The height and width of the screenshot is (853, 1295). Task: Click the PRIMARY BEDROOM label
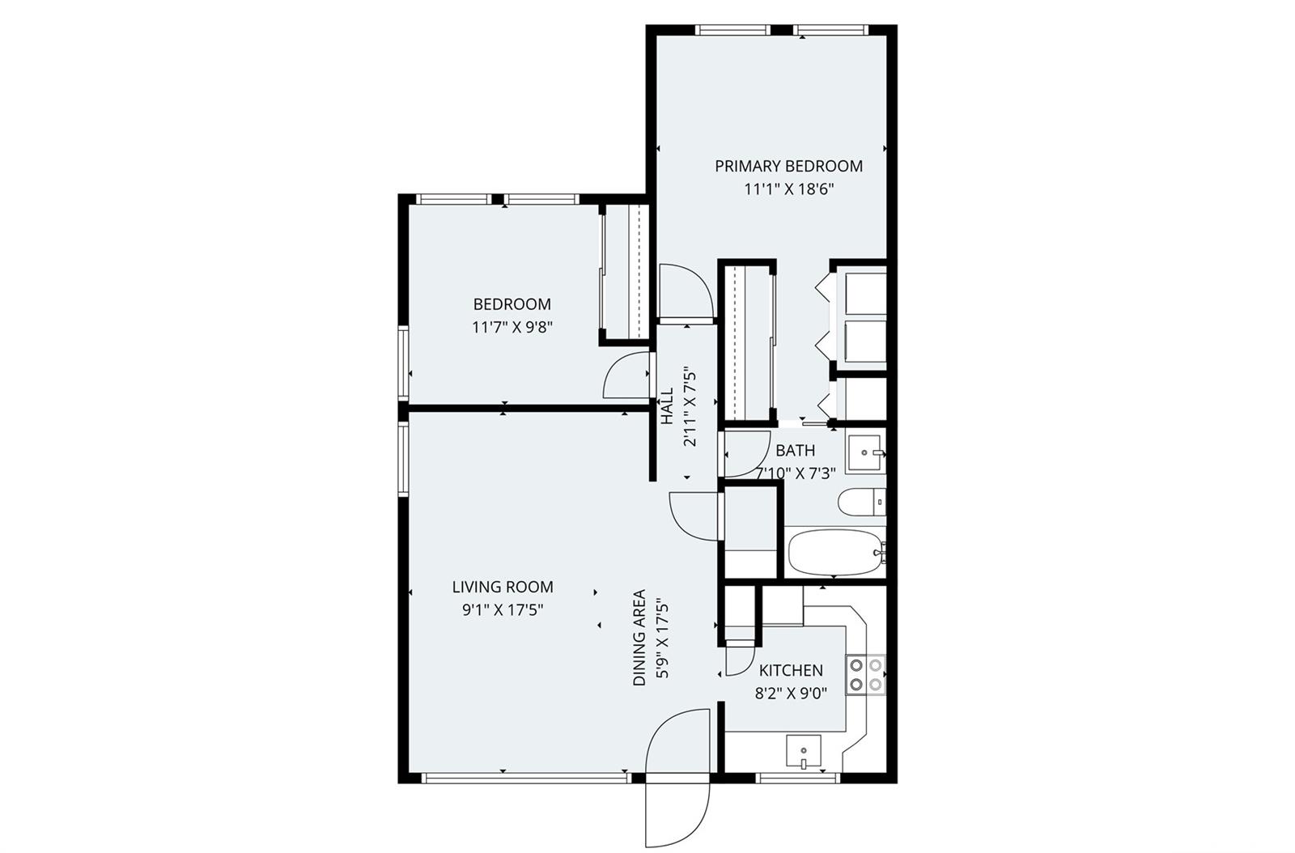pyautogui.click(x=788, y=167)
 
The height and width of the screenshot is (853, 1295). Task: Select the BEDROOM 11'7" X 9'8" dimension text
pyautogui.click(x=512, y=328)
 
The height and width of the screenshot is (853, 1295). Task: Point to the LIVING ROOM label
pyautogui.click(x=502, y=588)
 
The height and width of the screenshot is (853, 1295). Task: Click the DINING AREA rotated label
pyautogui.click(x=639, y=638)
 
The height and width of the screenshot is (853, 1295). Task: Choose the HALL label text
pyautogui.click(x=667, y=406)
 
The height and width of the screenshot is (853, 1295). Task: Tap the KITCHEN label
pyautogui.click(x=791, y=671)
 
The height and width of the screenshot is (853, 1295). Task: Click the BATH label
pyautogui.click(x=795, y=451)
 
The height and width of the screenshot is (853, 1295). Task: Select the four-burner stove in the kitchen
pyautogui.click(x=865, y=675)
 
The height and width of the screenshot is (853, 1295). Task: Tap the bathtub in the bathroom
pyautogui.click(x=835, y=553)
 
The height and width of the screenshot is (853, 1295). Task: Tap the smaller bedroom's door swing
pyautogui.click(x=626, y=377)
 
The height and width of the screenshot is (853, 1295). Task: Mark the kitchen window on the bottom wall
pyautogui.click(x=796, y=778)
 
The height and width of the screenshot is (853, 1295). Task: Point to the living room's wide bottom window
pyautogui.click(x=526, y=778)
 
